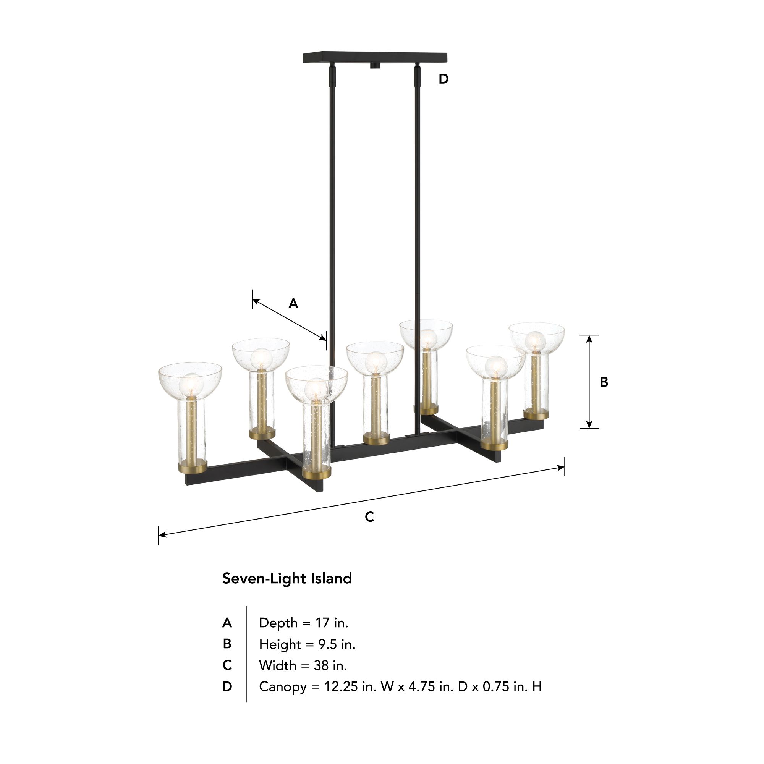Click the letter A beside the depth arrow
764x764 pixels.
[293, 304]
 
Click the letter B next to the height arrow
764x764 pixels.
[604, 382]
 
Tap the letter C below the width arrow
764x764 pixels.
[369, 517]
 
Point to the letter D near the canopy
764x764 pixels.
[443, 79]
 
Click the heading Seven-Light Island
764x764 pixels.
[287, 578]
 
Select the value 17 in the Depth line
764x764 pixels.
[322, 623]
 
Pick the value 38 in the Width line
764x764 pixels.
[321, 665]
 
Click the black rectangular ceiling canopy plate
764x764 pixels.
[374, 57]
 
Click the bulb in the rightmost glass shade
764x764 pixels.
[536, 341]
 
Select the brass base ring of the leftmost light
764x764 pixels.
[192, 469]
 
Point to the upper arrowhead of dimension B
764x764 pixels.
[589, 338]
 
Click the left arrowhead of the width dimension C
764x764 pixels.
[162, 535]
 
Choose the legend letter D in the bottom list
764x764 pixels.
[227, 687]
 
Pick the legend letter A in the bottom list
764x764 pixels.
[227, 623]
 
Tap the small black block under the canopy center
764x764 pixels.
[374, 66]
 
